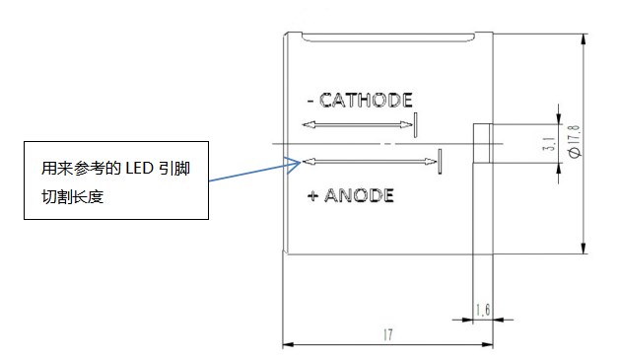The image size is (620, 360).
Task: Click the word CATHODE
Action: point(366,100)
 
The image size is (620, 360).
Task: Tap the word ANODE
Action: point(359,195)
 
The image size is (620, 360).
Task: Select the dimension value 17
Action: point(388,334)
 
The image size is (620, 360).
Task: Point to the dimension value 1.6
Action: point(483,310)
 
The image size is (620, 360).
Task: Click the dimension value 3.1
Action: point(549,143)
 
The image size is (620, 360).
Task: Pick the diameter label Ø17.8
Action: point(575,141)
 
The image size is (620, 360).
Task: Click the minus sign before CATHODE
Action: point(310,102)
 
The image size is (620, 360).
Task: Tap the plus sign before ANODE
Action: point(312,195)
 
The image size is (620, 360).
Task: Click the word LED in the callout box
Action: point(139,169)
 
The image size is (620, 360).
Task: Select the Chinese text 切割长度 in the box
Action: point(73,196)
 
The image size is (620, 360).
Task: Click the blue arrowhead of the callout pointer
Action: point(294,165)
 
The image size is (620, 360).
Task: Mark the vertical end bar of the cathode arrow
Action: point(415,125)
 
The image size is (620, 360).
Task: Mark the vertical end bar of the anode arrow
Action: point(440,162)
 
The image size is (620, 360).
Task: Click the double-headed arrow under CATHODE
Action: point(357,125)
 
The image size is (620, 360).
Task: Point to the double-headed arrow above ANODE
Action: point(370,162)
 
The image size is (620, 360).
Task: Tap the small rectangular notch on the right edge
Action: point(483,143)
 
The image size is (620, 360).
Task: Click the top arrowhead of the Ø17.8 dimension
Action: point(584,38)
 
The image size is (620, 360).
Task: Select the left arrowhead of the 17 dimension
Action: point(288,344)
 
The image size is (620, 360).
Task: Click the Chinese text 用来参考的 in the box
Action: point(81,169)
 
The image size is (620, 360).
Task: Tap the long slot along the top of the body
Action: point(388,38)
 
